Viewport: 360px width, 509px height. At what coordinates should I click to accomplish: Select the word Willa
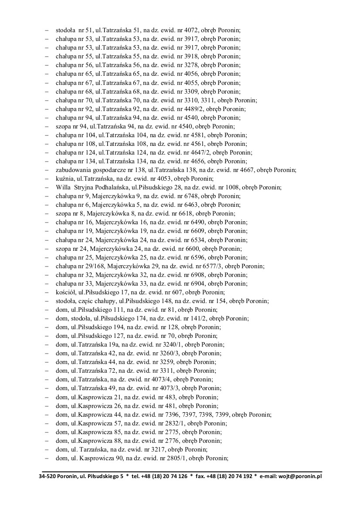coord(63,187)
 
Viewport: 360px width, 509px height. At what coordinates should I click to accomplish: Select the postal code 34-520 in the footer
coord(48,476)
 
